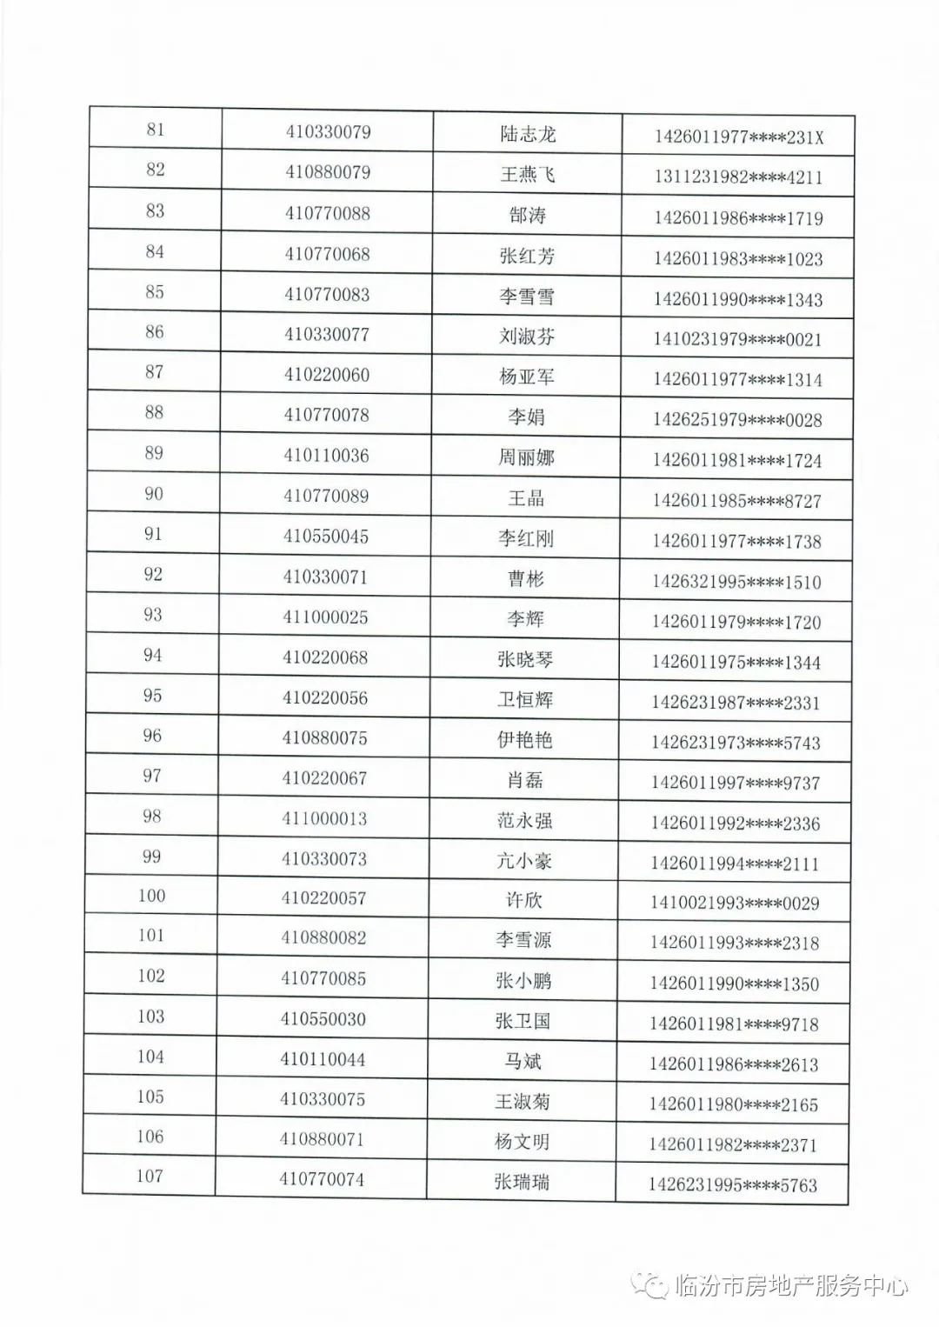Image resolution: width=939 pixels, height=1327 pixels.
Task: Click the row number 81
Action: pyautogui.click(x=156, y=130)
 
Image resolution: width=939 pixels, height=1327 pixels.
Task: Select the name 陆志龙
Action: pyautogui.click(x=528, y=135)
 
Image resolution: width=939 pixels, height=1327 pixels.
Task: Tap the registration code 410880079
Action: pyautogui.click(x=328, y=172)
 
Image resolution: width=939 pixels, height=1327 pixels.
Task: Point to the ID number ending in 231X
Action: pyautogui.click(x=738, y=137)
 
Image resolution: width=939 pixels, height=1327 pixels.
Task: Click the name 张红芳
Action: pyautogui.click(x=527, y=256)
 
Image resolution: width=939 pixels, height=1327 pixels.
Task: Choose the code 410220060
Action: pyautogui.click(x=327, y=375)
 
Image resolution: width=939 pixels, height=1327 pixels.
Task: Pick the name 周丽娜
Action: pyautogui.click(x=526, y=457)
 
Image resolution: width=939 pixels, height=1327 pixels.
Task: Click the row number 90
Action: pyautogui.click(x=154, y=494)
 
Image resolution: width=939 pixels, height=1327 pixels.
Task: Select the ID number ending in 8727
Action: pyautogui.click(x=737, y=502)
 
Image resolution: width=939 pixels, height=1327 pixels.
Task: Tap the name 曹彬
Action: pyautogui.click(x=526, y=578)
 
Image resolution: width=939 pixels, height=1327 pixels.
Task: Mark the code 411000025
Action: pyautogui.click(x=326, y=617)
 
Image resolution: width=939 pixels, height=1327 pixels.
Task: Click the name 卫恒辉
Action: pyautogui.click(x=525, y=699)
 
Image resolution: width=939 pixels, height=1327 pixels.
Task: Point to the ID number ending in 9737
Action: pyautogui.click(x=736, y=784)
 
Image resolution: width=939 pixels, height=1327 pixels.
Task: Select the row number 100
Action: pyautogui.click(x=151, y=896)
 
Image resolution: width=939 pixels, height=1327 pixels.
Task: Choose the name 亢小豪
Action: pyautogui.click(x=524, y=861)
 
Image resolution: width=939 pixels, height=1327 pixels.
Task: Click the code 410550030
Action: pyautogui.click(x=323, y=1019)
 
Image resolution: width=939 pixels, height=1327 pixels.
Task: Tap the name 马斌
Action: pyautogui.click(x=523, y=1061)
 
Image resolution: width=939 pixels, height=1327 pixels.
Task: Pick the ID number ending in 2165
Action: pyautogui.click(x=734, y=1105)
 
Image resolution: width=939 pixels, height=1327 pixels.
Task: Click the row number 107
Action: pyautogui.click(x=150, y=1177)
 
